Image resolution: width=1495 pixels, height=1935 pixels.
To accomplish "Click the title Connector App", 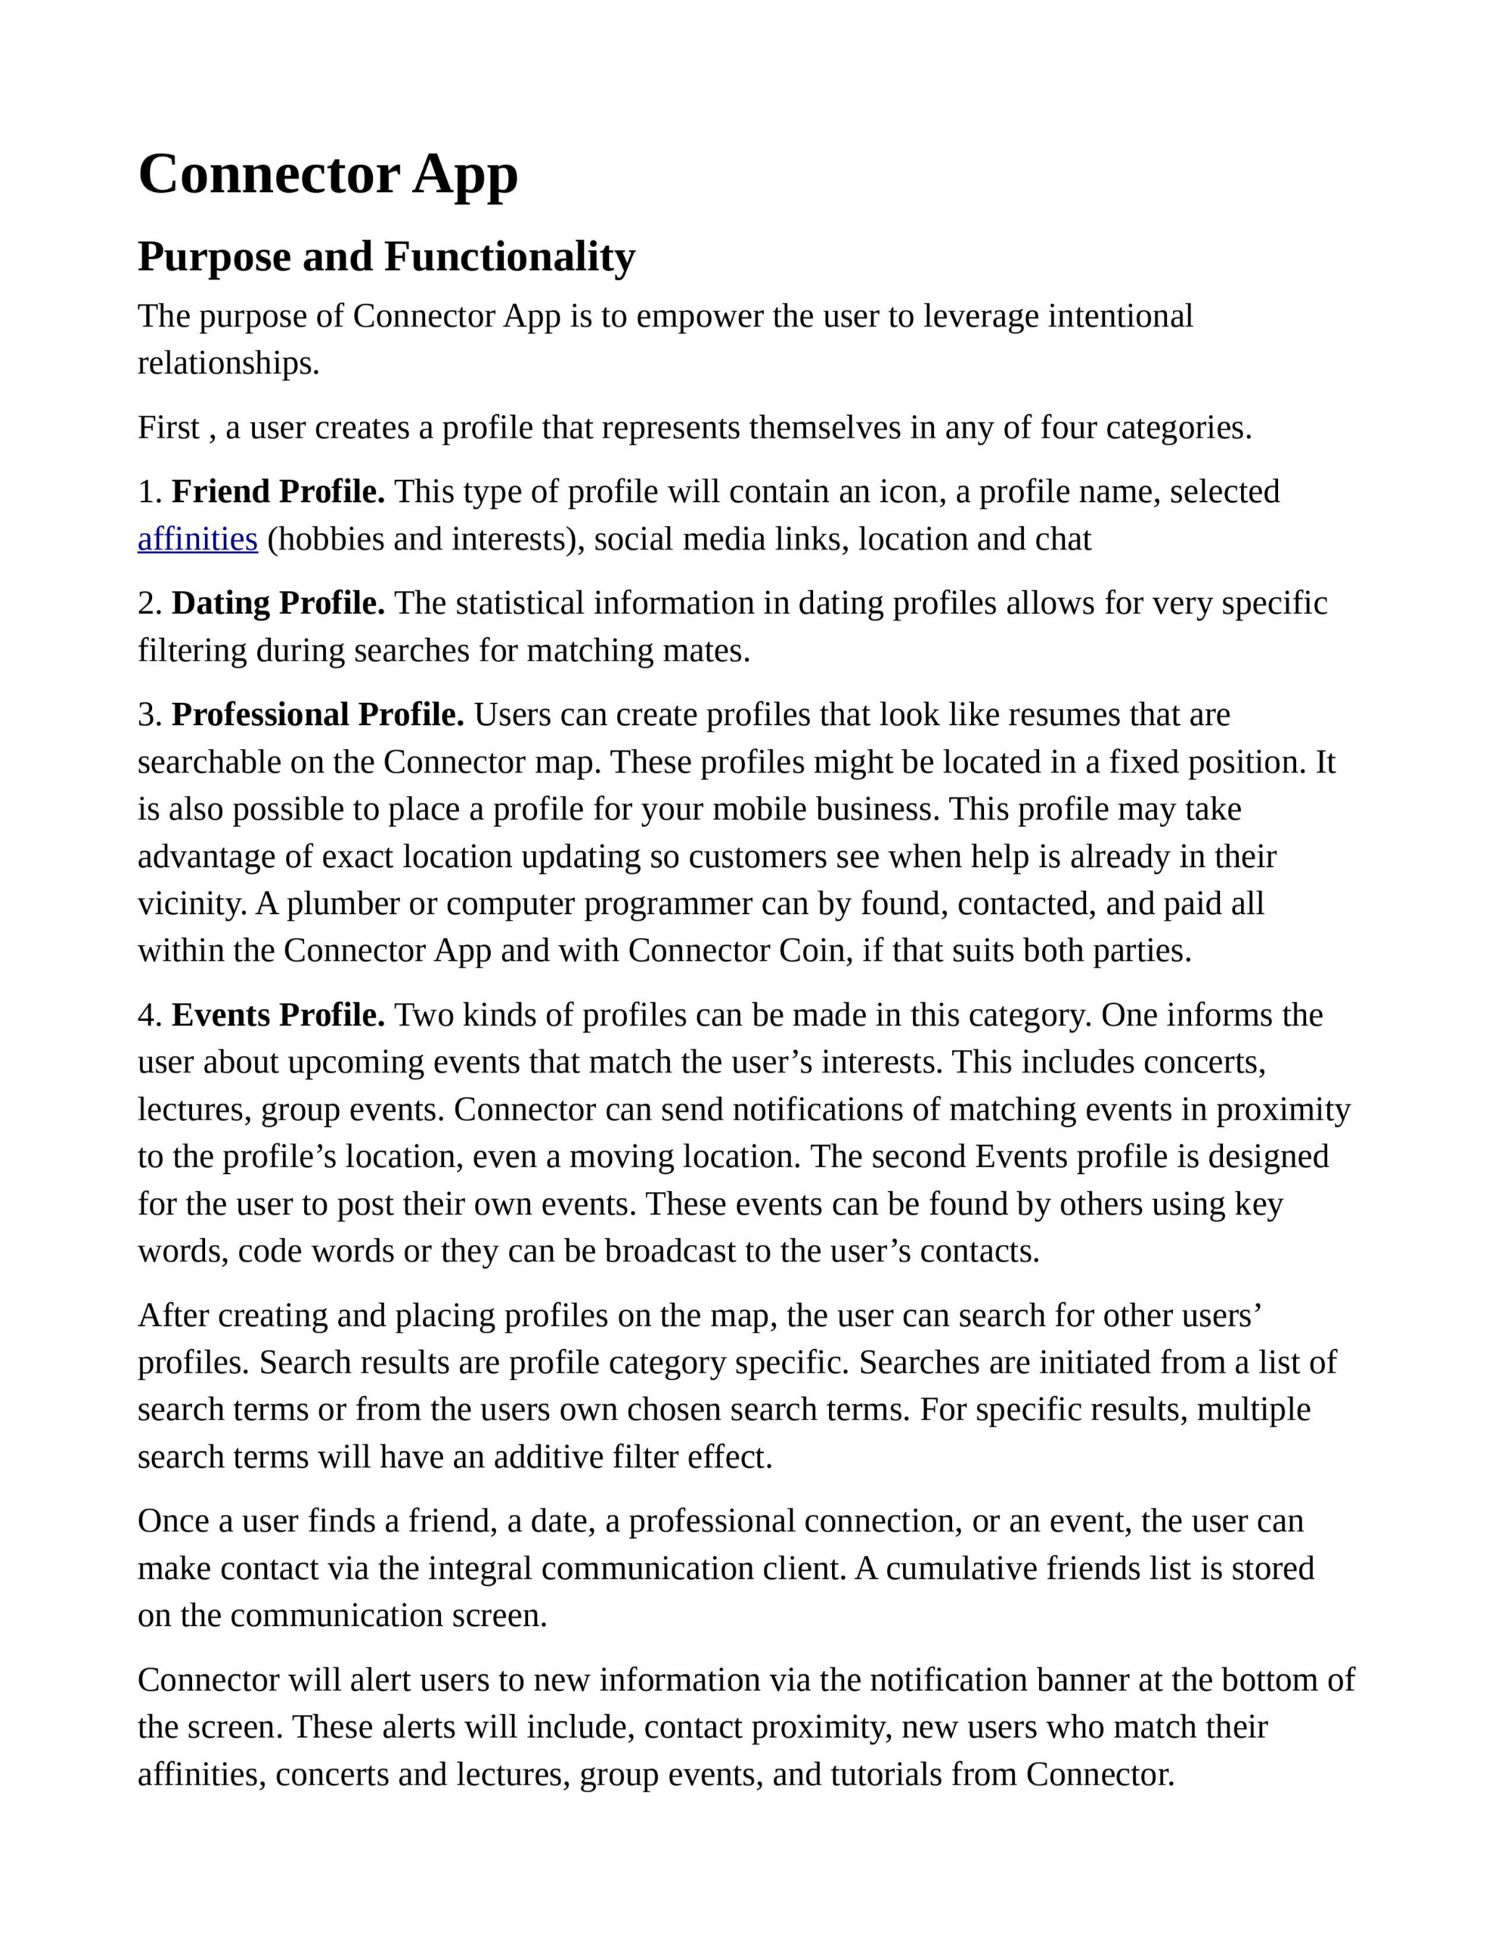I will pyautogui.click(x=328, y=175).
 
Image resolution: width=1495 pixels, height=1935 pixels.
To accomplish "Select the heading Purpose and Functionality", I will pyautogui.click(x=386, y=257).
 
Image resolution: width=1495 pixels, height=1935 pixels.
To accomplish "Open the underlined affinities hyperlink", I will pyautogui.click(x=197, y=539).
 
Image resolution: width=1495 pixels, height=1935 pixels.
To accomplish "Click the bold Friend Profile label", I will pyautogui.click(x=278, y=492).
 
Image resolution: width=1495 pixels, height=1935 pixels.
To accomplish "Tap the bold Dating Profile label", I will pyautogui.click(x=278, y=603).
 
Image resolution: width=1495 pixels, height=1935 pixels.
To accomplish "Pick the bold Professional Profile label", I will pyautogui.click(x=318, y=715).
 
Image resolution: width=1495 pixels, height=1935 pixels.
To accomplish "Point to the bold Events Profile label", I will pyautogui.click(x=278, y=1015).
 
